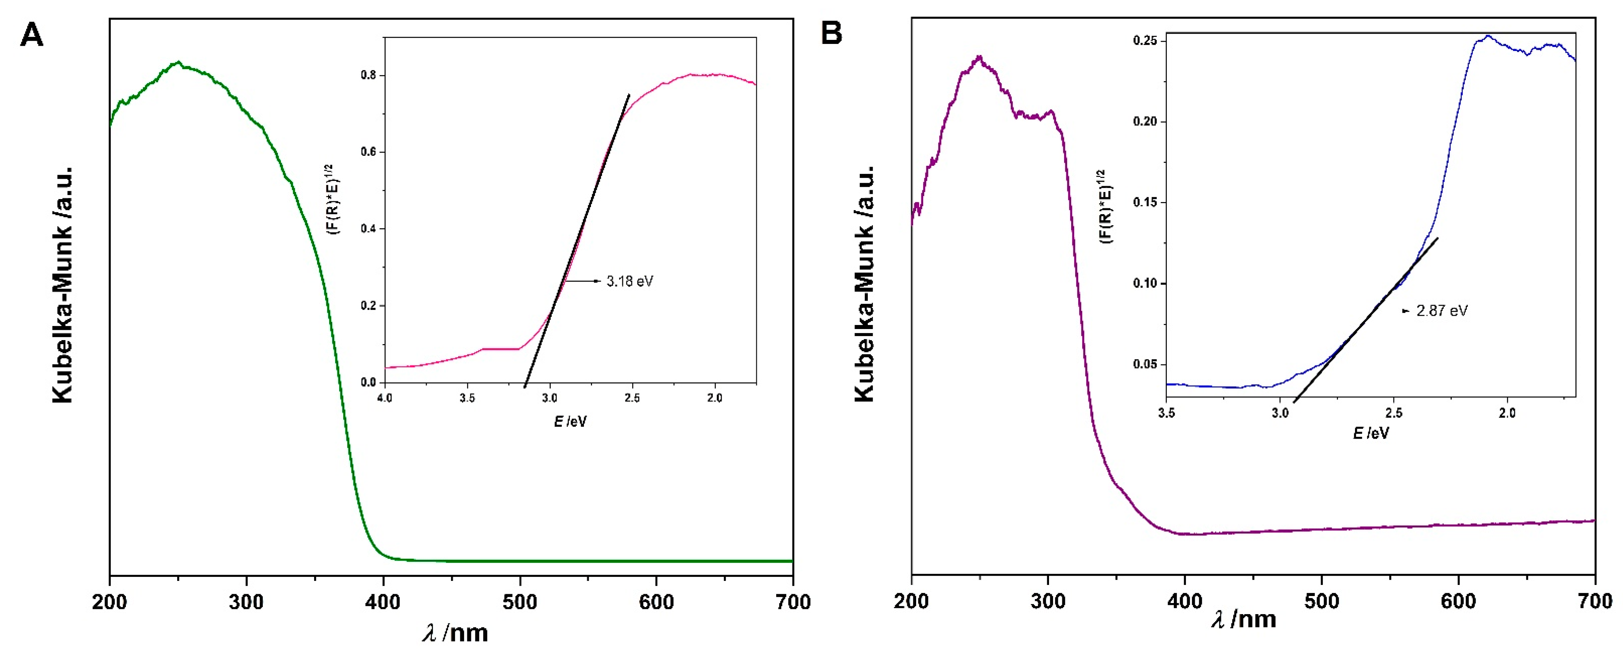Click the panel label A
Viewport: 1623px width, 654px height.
(31, 35)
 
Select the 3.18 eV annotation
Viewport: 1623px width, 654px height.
(629, 281)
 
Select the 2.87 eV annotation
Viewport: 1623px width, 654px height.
(1441, 311)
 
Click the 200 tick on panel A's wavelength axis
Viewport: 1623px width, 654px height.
(110, 602)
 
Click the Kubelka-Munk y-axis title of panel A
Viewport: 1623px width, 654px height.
(63, 285)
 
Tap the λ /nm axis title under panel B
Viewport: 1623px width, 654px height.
(1244, 619)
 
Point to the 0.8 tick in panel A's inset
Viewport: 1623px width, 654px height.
(369, 75)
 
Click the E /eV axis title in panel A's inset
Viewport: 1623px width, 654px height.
(570, 421)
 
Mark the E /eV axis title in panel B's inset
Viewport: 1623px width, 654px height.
(1371, 433)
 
